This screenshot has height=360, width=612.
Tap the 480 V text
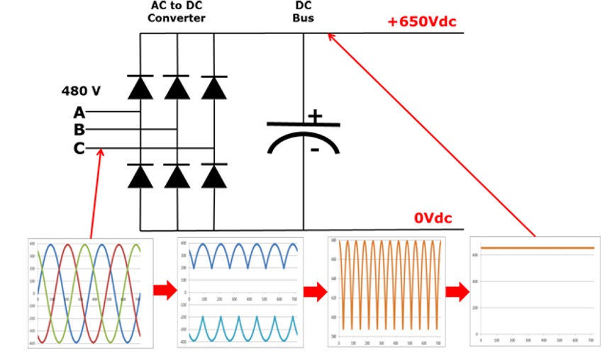81,91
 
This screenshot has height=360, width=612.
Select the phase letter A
79,112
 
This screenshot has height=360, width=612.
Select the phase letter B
79,130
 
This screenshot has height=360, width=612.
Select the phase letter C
79,148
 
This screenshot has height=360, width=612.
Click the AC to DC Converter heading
177,11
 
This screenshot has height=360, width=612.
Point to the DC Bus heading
304,11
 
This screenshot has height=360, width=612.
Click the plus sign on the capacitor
314,116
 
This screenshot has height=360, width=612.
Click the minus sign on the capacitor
314,150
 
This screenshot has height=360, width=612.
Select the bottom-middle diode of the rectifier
177,175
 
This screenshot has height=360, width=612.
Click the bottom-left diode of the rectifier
140,175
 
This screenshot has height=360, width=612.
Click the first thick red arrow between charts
165,290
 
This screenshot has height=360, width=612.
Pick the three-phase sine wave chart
90,292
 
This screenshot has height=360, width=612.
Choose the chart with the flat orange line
535,291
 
